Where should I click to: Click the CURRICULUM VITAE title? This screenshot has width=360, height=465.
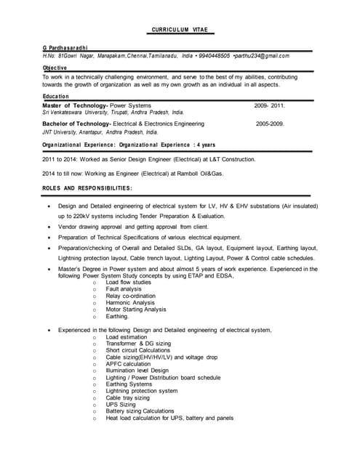pos(179,30)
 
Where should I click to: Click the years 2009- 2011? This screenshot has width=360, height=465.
pos(269,106)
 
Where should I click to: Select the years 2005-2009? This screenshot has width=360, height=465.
pos(270,124)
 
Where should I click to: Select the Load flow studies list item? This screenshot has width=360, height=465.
pos(129,282)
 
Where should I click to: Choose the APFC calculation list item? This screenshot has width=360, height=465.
pos(128,364)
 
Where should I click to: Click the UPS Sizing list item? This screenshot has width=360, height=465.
pos(121,405)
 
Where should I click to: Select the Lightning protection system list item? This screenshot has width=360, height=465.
pos(142,391)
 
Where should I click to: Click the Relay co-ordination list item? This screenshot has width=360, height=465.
pos(131,296)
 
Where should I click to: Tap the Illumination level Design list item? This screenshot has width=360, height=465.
pos(137,371)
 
